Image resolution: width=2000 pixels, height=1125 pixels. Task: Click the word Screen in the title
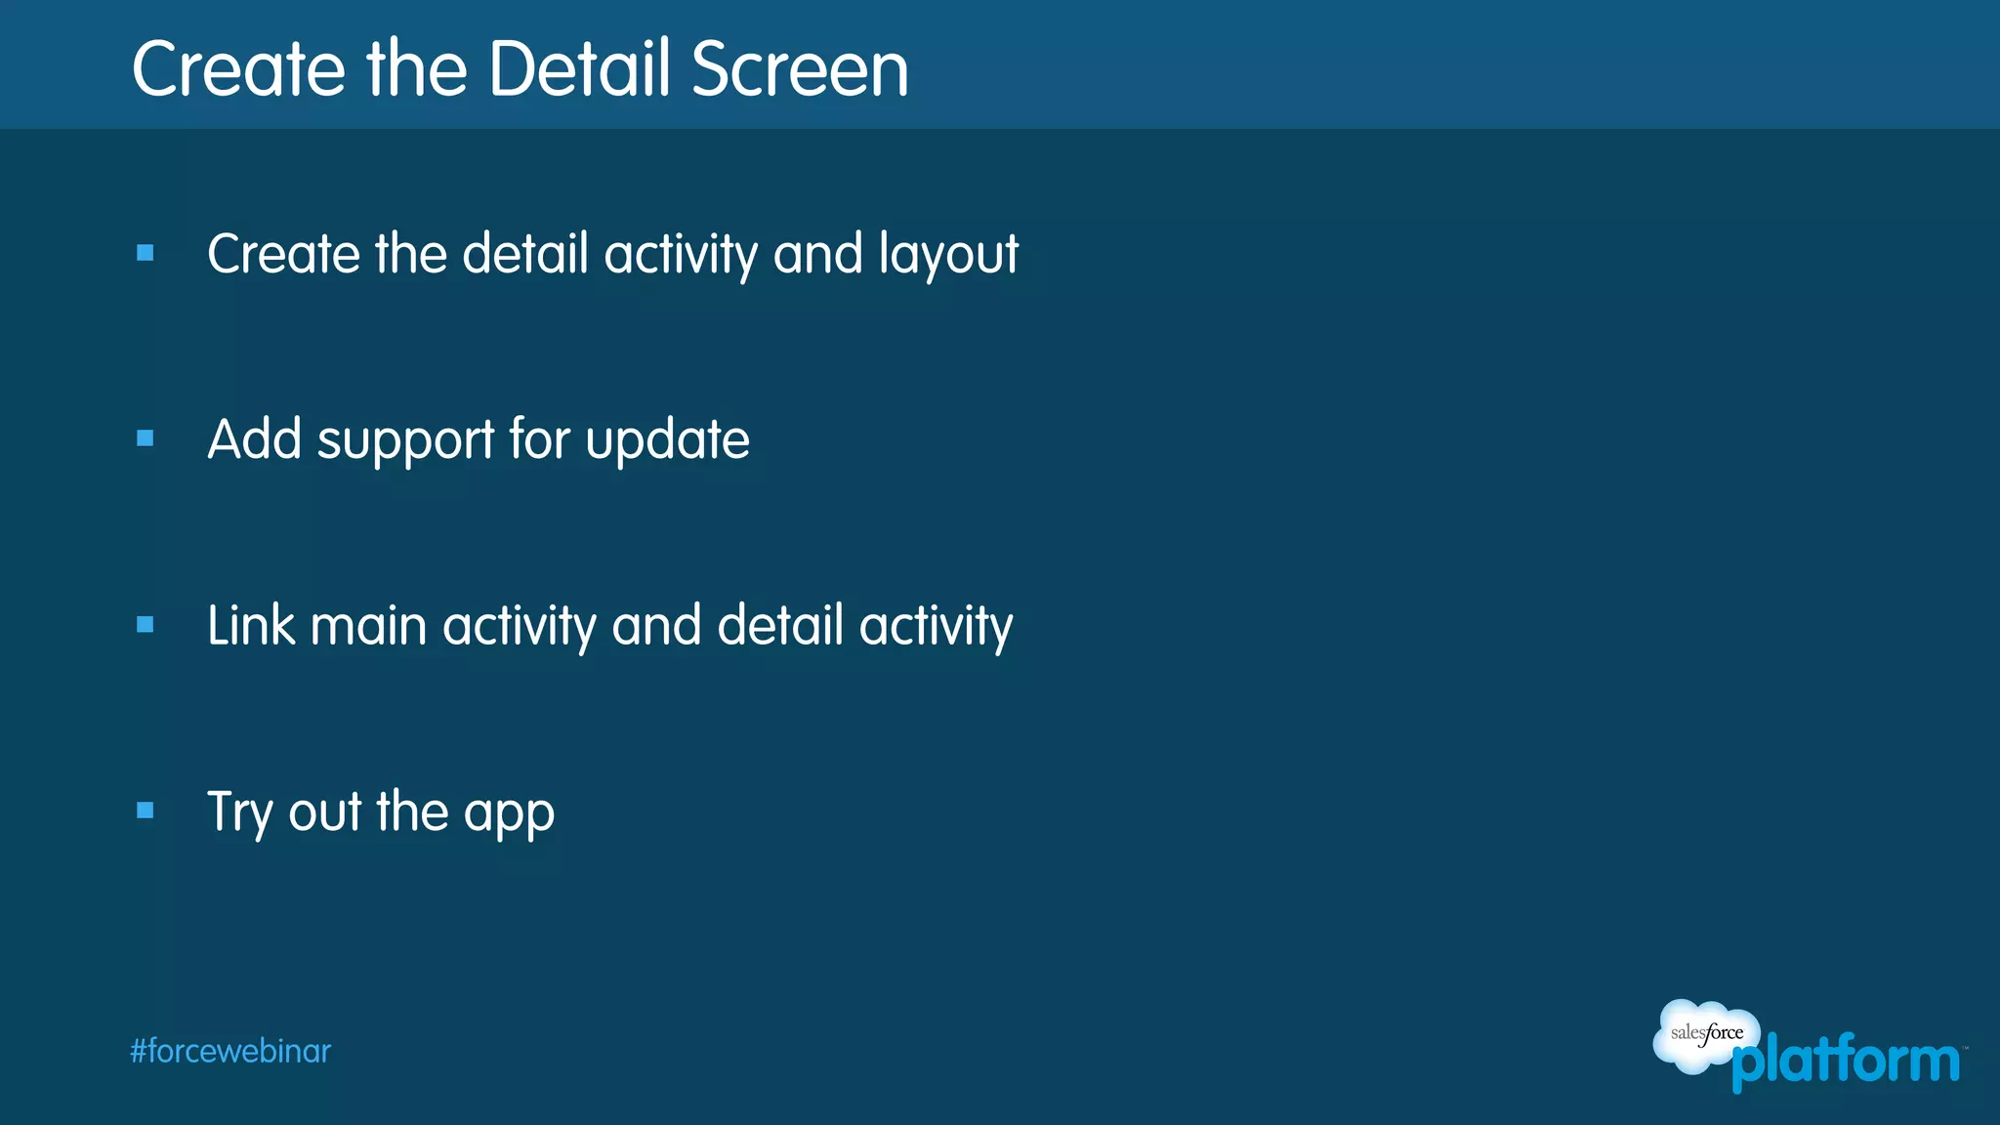coord(800,69)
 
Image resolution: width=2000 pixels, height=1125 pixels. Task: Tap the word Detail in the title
coord(580,69)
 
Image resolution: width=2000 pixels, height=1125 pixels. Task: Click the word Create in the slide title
coord(238,69)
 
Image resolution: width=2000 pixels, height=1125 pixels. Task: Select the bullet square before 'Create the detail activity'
coord(146,253)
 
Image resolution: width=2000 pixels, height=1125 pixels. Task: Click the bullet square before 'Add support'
coord(146,438)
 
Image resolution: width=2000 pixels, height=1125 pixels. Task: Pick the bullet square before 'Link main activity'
coord(146,624)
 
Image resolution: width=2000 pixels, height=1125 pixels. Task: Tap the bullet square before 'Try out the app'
coord(146,810)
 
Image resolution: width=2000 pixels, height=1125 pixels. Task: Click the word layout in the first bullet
coord(948,256)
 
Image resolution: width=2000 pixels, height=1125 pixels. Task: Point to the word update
coord(667,441)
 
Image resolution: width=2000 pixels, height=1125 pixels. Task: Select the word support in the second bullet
coord(405,441)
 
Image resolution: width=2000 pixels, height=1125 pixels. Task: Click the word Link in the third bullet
coord(251,625)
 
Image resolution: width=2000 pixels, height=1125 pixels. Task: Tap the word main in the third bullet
coord(368,625)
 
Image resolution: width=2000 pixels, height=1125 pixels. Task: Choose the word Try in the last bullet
coord(239,812)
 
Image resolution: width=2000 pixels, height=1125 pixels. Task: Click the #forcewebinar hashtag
coord(230,1051)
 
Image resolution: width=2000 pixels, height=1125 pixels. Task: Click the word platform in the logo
coord(1846,1062)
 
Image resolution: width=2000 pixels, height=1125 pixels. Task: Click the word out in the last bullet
coord(324,812)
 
